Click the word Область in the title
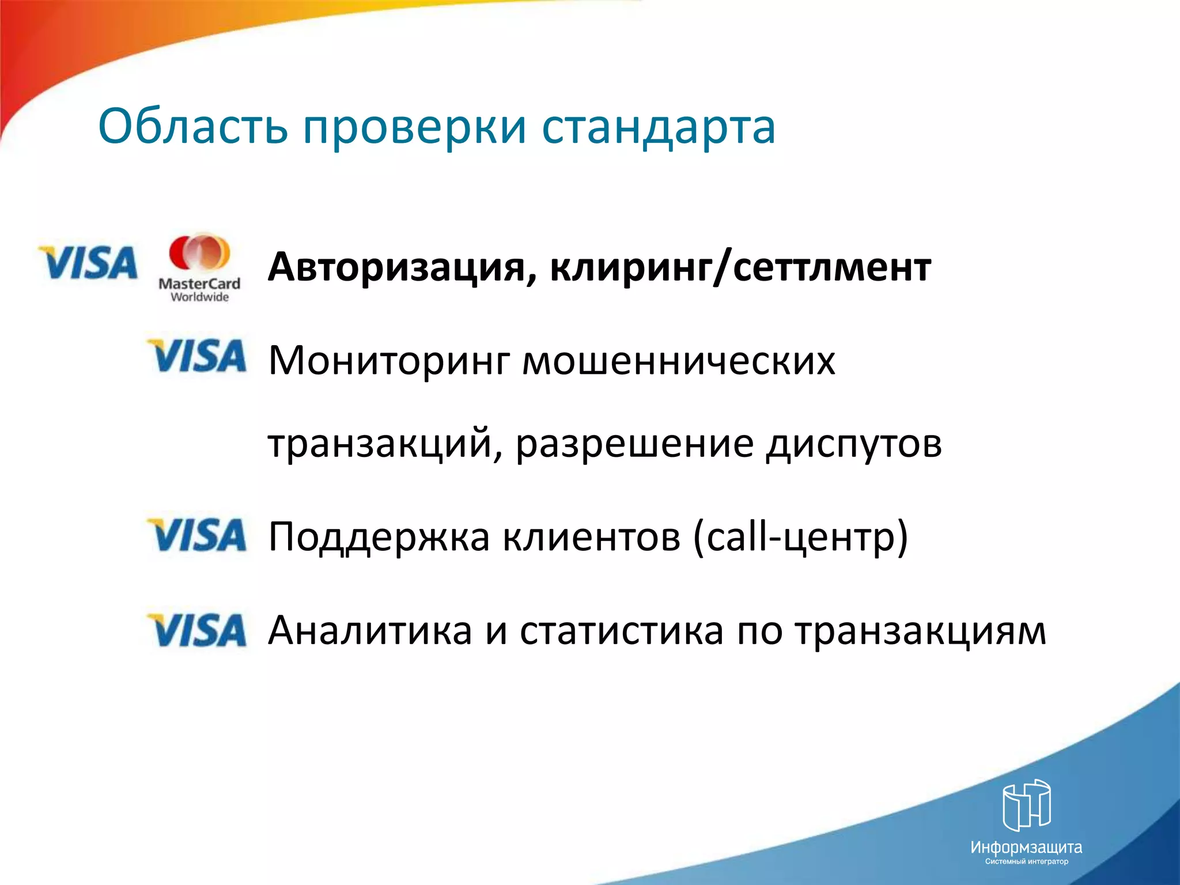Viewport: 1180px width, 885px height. click(192, 127)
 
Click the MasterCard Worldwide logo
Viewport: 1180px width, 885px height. click(199, 268)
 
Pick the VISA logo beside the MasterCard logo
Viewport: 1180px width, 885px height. click(88, 263)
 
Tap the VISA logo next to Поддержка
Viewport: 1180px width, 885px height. click(198, 534)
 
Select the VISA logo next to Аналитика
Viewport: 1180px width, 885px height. click(198, 630)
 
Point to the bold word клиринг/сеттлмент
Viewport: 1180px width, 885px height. click(740, 268)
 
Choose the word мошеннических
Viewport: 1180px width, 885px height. click(679, 361)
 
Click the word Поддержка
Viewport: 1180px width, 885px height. click(379, 537)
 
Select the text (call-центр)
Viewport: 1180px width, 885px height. click(800, 537)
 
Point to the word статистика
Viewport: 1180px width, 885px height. click(621, 631)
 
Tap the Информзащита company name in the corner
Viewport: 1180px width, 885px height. click(1026, 848)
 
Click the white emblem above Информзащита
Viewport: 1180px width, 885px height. click(1027, 805)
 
